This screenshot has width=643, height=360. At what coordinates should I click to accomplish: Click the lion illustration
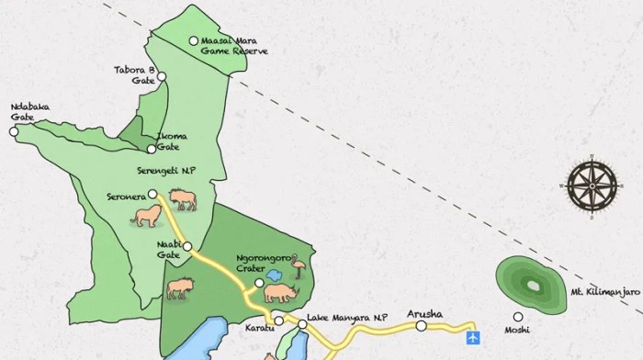146,216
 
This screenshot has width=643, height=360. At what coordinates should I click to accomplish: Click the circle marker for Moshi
519,316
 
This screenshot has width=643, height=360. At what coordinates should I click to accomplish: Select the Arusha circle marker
421,325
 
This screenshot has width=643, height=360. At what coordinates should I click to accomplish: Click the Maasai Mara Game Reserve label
233,46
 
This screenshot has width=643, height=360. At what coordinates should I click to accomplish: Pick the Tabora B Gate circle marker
162,76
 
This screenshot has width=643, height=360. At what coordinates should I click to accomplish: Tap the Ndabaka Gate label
29,111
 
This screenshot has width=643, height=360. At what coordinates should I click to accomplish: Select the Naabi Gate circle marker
187,246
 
